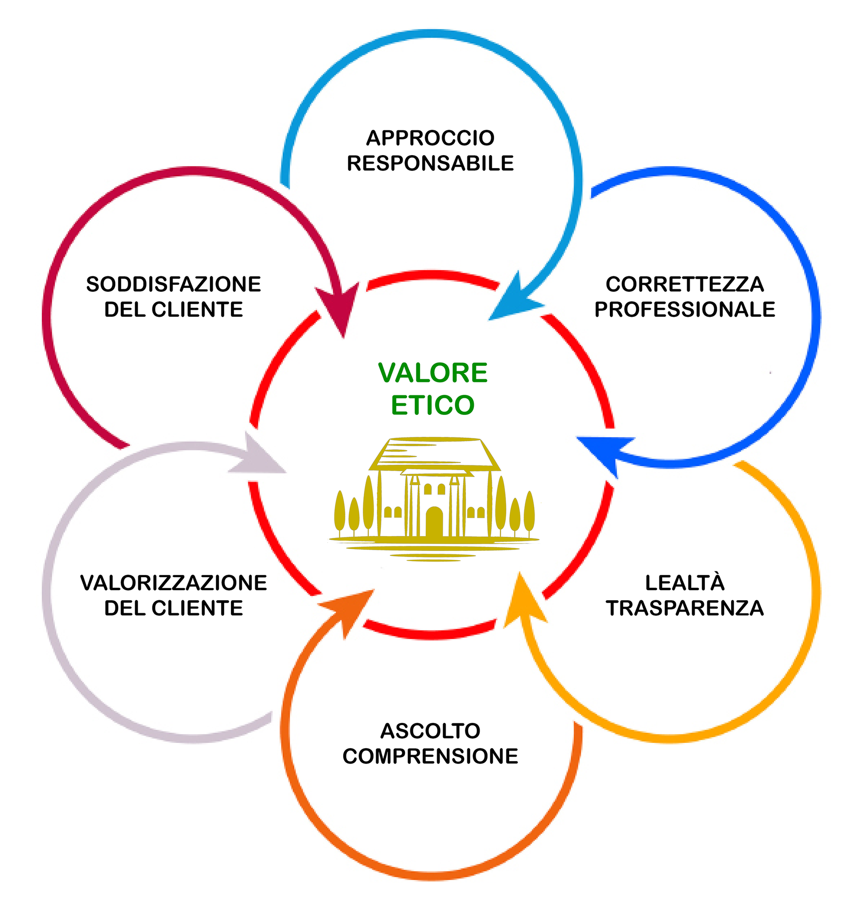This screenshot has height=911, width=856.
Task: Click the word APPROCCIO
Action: pos(430,138)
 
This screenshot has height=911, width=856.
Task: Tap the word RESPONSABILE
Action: pos(430,164)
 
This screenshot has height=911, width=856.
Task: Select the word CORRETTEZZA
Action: pos(684,284)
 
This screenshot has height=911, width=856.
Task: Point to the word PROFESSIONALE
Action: pos(684,310)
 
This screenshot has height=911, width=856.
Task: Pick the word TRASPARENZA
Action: pos(684,608)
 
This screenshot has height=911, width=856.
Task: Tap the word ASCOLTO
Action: pos(430,731)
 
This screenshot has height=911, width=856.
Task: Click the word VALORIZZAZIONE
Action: pos(173,583)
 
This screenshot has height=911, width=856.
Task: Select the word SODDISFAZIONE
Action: pos(173,284)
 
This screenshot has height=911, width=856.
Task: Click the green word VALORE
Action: pos(432,373)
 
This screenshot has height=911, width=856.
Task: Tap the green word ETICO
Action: pos(432,405)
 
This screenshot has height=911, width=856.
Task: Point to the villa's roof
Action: pos(434,454)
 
